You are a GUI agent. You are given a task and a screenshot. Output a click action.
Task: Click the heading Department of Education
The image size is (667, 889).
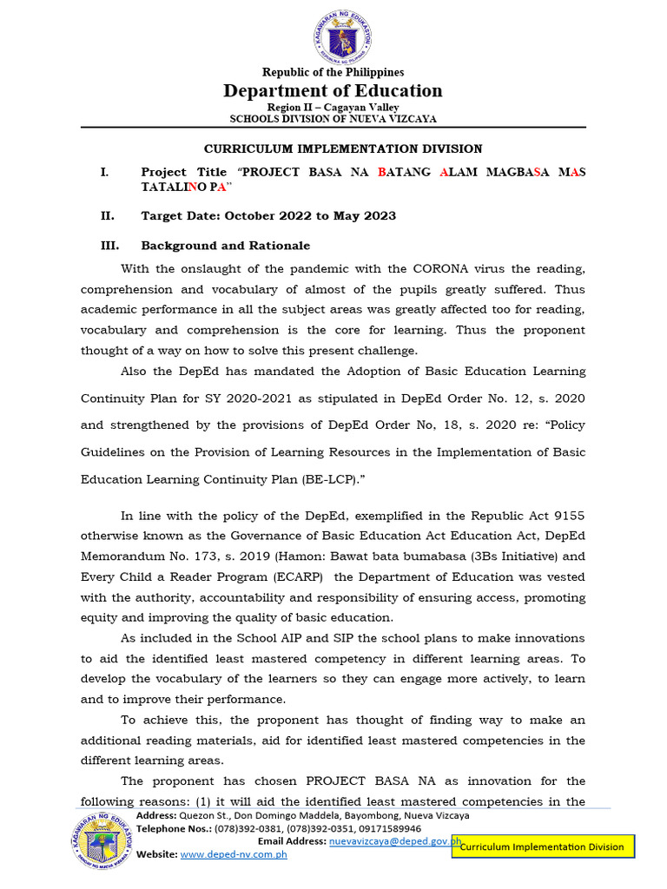(333, 91)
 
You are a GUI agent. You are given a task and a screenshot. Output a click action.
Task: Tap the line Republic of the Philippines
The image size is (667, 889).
(333, 73)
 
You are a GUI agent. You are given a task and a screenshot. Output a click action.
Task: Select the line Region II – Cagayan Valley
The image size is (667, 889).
(333, 107)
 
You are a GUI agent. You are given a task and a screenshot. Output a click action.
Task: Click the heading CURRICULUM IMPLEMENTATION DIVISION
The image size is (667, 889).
(343, 149)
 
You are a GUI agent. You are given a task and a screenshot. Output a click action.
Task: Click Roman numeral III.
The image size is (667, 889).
(108, 246)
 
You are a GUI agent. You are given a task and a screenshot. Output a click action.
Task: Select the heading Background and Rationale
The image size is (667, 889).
(226, 246)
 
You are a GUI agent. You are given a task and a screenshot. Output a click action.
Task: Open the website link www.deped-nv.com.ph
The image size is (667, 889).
(233, 854)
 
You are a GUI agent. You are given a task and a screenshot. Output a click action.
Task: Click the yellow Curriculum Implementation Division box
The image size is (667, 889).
(543, 846)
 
